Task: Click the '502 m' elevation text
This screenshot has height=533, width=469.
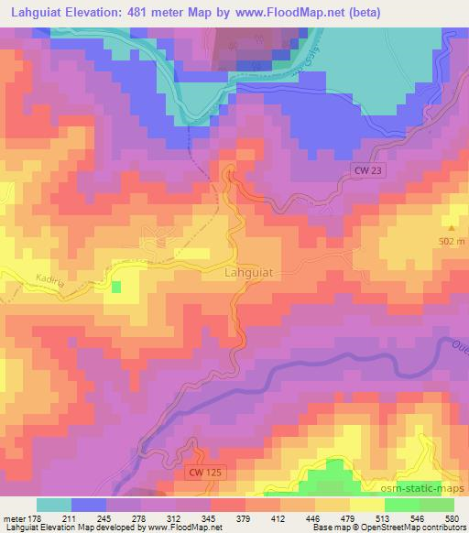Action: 451,242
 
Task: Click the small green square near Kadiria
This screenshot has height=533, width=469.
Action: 116,287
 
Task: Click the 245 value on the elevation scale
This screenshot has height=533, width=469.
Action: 104,519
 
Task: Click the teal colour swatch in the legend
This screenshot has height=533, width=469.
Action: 53,506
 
